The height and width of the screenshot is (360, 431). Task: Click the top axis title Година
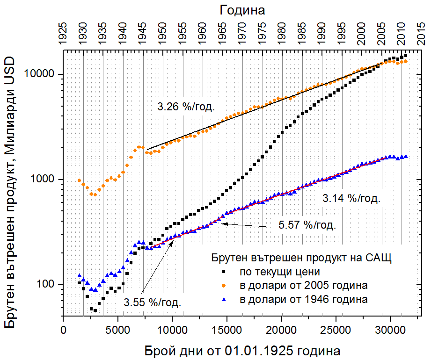point(242,9)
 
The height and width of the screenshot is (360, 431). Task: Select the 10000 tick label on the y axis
point(43,74)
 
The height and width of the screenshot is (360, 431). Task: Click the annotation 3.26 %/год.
point(186,107)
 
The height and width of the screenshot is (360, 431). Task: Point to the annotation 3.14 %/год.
point(351,198)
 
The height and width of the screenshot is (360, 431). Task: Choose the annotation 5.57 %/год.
point(307,225)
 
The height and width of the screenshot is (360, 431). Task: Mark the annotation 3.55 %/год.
point(153,302)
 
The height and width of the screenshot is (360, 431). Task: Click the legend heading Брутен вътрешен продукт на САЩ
point(301,258)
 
